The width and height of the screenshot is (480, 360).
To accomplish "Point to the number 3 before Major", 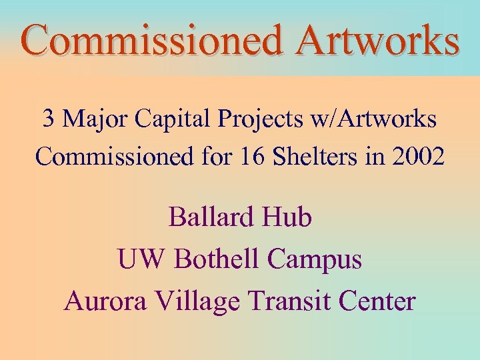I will coord(49,119).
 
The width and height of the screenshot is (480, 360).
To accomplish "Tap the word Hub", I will coord(289,217).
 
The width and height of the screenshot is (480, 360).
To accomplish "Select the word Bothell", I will coord(217,259).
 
